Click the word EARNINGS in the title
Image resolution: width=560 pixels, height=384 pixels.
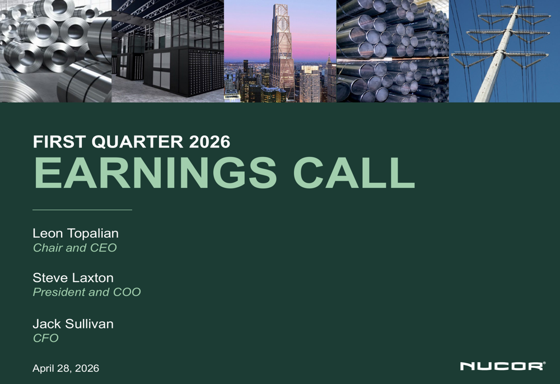155,173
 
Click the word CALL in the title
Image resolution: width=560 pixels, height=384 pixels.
354,173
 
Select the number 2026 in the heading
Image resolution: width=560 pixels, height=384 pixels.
209,142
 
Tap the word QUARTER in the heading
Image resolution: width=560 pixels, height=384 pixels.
137,142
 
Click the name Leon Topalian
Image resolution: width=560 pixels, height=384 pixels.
76,233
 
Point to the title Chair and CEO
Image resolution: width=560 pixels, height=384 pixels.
74,248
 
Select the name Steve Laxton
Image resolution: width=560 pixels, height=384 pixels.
73,278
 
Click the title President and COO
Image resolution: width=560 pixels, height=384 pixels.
87,292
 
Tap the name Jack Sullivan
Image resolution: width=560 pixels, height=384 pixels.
73,324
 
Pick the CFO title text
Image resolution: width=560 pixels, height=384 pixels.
46,338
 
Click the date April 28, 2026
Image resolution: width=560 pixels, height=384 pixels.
66,368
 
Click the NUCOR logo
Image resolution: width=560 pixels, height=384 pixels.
502,366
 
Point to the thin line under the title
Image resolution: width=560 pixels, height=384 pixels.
82,210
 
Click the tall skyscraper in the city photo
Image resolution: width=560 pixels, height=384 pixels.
282,50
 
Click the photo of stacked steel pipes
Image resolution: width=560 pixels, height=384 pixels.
392,51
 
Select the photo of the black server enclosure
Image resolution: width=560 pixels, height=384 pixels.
168,51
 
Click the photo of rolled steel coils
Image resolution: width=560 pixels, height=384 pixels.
55,51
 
